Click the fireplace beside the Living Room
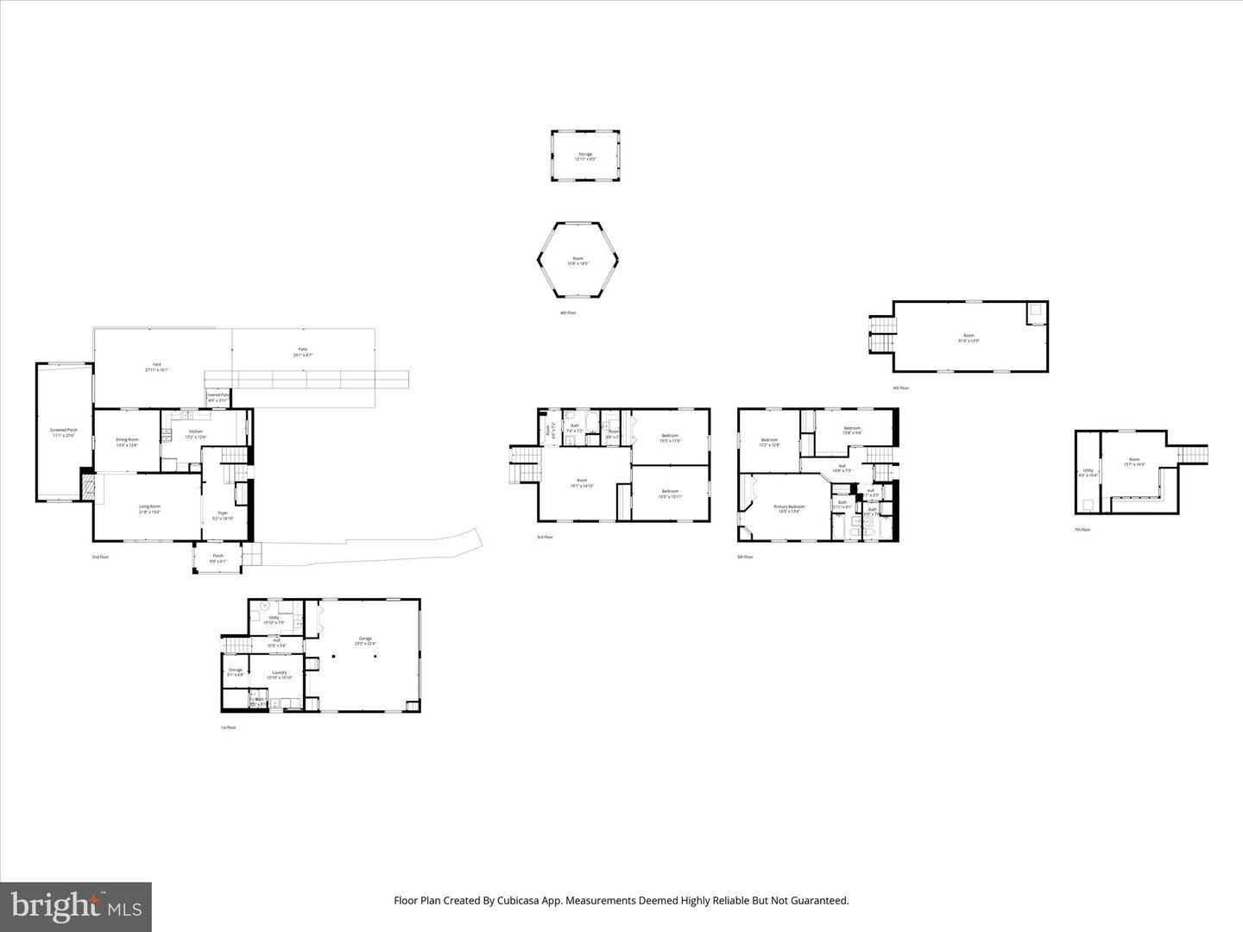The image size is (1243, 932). (87, 487)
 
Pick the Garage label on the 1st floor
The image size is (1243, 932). (365, 639)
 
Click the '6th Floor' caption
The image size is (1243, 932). (901, 388)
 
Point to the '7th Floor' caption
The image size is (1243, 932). (1082, 529)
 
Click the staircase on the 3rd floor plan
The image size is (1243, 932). (524, 466)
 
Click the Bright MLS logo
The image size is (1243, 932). (76, 906)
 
